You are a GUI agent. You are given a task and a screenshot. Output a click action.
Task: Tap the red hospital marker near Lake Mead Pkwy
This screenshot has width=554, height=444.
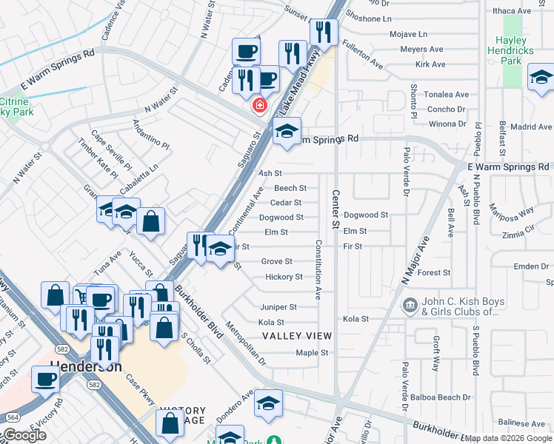tap(259, 105)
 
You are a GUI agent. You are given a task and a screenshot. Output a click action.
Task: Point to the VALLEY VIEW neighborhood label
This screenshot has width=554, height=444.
tap(297, 336)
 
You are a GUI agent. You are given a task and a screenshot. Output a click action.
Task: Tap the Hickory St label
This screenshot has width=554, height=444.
tap(284, 277)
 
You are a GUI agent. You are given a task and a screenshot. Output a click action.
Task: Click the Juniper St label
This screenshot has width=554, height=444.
tap(278, 307)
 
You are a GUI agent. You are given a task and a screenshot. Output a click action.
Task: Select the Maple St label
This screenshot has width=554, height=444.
tap(312, 353)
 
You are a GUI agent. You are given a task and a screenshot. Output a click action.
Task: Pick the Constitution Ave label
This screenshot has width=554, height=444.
tap(318, 269)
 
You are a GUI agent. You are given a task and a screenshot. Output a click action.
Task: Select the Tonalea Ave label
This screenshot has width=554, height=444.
tap(449, 95)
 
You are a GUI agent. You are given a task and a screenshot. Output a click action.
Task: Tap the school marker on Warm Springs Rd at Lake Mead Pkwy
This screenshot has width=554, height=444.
tap(286, 132)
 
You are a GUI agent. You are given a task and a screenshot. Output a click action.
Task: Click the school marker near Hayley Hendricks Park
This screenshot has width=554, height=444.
tap(541, 77)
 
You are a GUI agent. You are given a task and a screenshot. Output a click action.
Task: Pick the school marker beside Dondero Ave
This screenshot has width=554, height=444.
tap(267, 403)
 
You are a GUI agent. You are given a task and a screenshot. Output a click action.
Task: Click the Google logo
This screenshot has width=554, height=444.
tap(24, 435)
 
